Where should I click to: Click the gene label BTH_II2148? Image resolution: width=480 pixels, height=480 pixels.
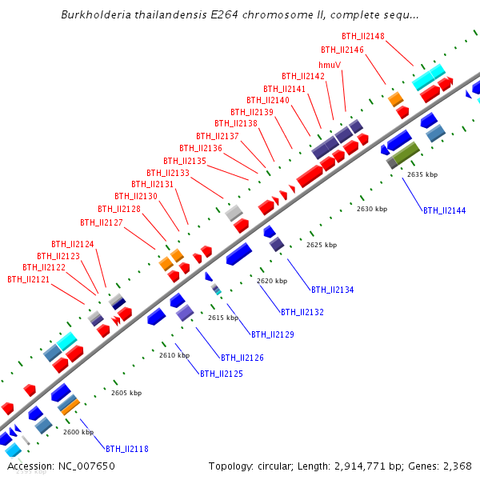click(x=362, y=36)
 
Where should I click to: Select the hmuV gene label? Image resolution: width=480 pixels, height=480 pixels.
click(x=330, y=65)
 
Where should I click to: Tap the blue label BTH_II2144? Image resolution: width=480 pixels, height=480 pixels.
click(x=444, y=210)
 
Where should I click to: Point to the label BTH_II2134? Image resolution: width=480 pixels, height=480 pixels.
click(x=332, y=290)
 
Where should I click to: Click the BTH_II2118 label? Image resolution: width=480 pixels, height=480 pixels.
click(x=127, y=449)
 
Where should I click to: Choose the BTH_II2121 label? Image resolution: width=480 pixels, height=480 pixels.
click(x=28, y=279)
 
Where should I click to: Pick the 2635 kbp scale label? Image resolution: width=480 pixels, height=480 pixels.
click(x=422, y=174)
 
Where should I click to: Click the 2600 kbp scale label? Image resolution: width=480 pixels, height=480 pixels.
click(x=78, y=432)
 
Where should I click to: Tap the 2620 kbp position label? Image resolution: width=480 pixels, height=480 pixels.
click(x=271, y=281)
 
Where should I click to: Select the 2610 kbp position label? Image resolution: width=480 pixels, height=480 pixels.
click(x=174, y=354)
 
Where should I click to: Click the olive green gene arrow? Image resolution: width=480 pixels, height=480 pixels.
click(x=406, y=152)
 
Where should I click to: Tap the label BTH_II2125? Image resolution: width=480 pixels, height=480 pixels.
click(x=221, y=374)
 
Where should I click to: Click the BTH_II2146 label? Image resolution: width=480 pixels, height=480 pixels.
click(x=342, y=50)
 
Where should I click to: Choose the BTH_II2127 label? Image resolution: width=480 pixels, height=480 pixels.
click(x=101, y=222)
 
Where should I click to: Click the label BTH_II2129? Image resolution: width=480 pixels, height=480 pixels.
click(x=272, y=334)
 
